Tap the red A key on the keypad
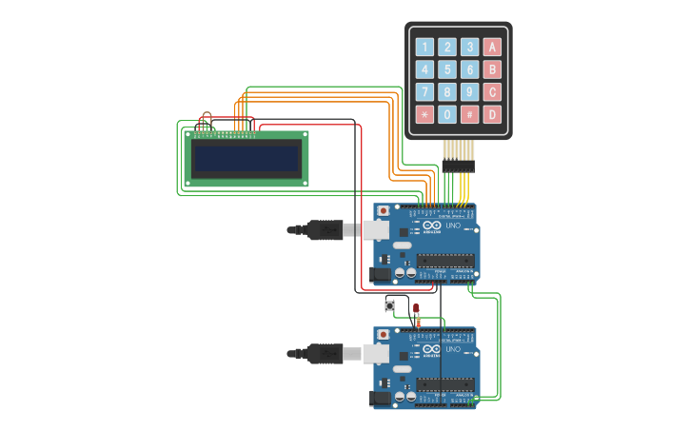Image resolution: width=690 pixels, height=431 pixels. tap(491, 47)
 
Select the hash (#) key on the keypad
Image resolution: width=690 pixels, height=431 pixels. tap(469, 114)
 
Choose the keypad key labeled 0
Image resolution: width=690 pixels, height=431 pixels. tap(446, 114)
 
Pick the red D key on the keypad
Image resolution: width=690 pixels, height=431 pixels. tap(491, 114)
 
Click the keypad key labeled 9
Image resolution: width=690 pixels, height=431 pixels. tap(469, 92)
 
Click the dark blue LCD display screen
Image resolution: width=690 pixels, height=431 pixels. tap(246, 157)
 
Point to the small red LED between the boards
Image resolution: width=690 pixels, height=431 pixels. tap(416, 308)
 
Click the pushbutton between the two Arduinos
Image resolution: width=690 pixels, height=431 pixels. tap(389, 305)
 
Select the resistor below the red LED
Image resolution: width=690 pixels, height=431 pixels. tap(417, 323)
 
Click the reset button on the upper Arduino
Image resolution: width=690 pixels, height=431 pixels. tap(384, 210)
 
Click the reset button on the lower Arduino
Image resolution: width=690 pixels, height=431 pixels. tap(384, 335)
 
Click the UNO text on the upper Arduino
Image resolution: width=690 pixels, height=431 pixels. tap(453, 225)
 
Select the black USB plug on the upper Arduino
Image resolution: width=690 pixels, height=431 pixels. tap(325, 229)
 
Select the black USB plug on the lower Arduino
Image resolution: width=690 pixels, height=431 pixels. tap(325, 354)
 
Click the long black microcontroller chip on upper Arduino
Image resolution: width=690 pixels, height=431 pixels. tap(444, 260)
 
